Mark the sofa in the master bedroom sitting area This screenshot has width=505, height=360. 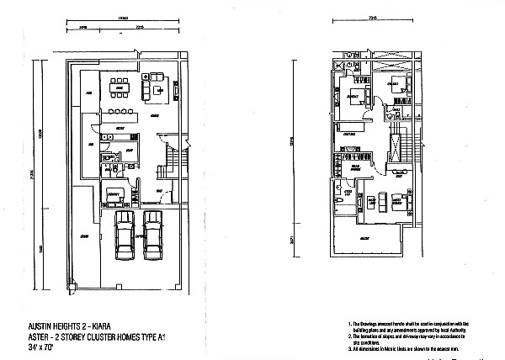pyautogui.click(x=374, y=202)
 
